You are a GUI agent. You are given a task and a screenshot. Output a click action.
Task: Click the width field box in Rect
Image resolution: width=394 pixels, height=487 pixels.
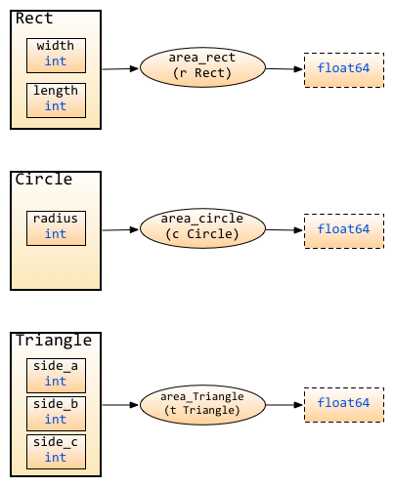[x=56, y=56]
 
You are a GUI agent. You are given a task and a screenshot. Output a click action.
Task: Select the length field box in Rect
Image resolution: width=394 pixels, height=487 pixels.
[x=56, y=101]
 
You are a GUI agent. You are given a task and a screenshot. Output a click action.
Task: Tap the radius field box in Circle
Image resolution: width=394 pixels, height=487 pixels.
[x=56, y=228]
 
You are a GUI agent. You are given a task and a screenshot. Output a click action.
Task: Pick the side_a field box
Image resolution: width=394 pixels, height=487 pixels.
[x=56, y=376]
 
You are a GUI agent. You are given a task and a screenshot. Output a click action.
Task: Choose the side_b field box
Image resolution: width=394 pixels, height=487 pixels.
[x=56, y=414]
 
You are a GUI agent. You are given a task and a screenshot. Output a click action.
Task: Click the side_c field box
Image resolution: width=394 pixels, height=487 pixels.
[x=56, y=452]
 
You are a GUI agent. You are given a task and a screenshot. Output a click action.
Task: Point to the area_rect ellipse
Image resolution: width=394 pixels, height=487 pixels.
[x=202, y=67]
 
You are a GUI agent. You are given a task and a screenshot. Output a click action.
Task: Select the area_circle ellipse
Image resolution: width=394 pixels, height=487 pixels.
[x=202, y=228]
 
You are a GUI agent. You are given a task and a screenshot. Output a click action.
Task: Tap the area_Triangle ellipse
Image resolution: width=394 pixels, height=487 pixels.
[x=202, y=405]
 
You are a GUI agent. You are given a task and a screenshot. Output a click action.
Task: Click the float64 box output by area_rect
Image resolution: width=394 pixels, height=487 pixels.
[x=344, y=70]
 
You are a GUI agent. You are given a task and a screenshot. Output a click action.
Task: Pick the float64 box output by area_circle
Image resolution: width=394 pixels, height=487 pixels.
[x=344, y=231]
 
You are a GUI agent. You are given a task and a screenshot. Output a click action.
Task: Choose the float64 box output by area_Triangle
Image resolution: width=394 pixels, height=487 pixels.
[x=344, y=405]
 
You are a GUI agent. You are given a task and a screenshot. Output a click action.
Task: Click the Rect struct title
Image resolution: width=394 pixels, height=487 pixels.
[x=34, y=19]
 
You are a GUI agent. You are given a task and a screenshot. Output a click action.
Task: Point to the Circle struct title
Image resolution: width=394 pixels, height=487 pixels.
[x=44, y=180]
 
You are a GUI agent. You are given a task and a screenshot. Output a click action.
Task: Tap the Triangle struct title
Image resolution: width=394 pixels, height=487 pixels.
[x=54, y=341]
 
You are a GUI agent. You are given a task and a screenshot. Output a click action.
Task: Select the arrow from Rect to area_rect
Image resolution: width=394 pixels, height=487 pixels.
[x=120, y=68]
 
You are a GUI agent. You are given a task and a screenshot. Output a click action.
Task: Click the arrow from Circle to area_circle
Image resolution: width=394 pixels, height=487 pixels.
[x=120, y=229]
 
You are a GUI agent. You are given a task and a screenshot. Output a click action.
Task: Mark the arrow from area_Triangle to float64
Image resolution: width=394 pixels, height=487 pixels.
[x=285, y=405]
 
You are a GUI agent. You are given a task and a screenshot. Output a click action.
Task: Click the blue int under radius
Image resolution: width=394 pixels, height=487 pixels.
[x=56, y=234]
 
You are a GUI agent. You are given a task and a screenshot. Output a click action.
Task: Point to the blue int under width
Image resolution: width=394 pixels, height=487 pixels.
[x=56, y=61]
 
